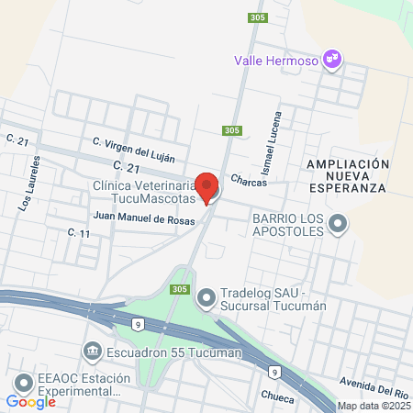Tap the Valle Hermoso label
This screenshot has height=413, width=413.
pos(274,61)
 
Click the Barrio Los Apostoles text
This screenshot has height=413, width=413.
pos(288,224)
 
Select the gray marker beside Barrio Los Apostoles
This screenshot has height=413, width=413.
pos(339,223)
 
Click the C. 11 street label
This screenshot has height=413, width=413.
pos(79,234)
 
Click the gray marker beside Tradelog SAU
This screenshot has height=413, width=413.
pos(206,296)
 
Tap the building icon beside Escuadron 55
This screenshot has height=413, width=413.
pos(92,351)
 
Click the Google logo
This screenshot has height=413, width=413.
pos(30,402)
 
